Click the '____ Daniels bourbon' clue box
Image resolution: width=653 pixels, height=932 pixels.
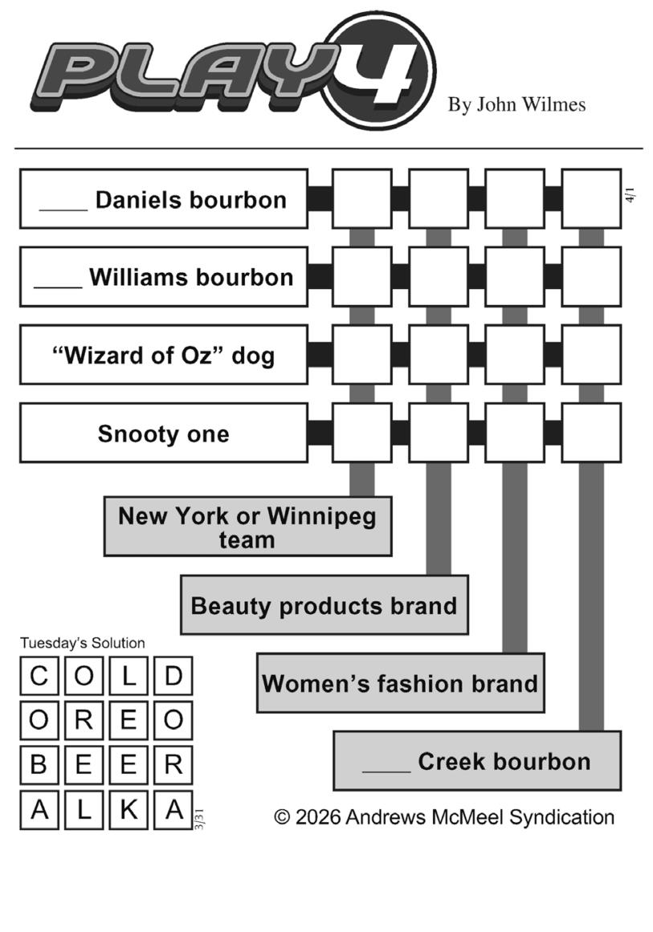pos(163,199)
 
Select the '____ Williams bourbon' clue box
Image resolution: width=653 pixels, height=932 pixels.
pos(163,277)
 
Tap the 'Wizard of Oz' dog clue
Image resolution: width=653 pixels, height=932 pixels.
pos(163,355)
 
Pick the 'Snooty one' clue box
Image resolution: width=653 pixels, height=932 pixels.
pos(163,433)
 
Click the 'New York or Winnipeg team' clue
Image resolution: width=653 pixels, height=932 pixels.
pos(247,527)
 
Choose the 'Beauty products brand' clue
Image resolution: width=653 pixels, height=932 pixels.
pos(324,605)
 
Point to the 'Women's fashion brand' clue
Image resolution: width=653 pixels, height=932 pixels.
pos(400,683)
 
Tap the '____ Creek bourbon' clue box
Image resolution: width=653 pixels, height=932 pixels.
pos(477,761)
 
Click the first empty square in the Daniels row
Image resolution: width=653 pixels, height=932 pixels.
pos(361,199)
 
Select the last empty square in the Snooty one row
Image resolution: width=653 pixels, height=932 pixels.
pos(591,433)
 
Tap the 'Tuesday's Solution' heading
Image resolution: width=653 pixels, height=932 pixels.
pos(83,643)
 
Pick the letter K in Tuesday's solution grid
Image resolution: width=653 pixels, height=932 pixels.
pos(129,810)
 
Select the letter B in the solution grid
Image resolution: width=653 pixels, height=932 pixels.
pos(39,765)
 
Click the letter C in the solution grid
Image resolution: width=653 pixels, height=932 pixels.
pos(39,676)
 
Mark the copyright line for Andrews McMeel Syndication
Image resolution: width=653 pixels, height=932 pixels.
pos(444,817)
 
